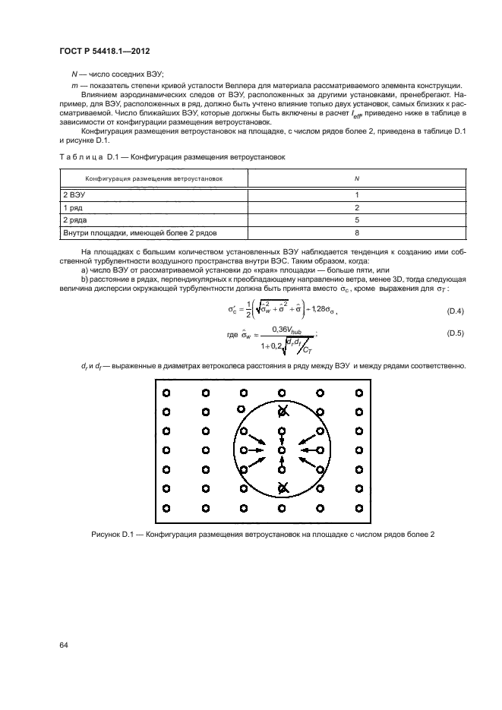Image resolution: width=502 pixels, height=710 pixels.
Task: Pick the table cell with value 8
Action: tap(356, 232)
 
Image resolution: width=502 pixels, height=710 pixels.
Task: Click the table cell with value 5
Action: tap(356, 219)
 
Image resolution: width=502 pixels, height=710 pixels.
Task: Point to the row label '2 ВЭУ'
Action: tap(76, 194)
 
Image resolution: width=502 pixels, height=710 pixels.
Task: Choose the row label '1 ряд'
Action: tap(74, 207)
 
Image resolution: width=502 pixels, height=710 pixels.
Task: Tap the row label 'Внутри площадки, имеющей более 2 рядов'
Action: tap(134, 232)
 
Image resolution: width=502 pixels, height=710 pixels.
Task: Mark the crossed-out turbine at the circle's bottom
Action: tap(282, 488)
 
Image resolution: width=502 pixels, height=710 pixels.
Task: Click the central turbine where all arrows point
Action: tap(282, 450)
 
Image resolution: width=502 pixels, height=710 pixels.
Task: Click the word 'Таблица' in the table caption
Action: tap(80, 156)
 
